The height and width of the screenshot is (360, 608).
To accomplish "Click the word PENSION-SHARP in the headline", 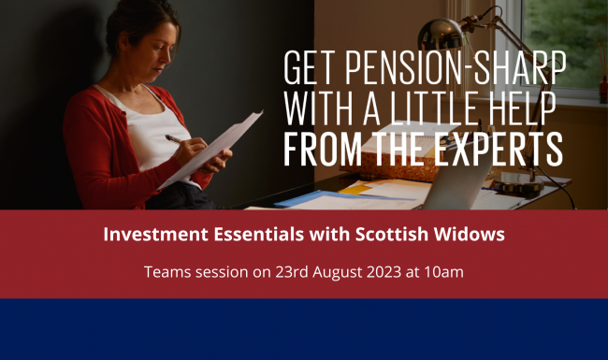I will (456, 66).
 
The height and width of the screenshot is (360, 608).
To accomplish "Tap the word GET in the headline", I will (311, 66).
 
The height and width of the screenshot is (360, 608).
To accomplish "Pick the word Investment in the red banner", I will (150, 235).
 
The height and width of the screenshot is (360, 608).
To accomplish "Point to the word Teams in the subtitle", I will (166, 272).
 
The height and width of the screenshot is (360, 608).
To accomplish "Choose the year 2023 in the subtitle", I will (379, 272).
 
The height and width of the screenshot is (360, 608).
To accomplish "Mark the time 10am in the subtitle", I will (441, 272).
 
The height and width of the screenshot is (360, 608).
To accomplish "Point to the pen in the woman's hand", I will (176, 138).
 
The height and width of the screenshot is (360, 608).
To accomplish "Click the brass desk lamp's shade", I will (468, 42).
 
